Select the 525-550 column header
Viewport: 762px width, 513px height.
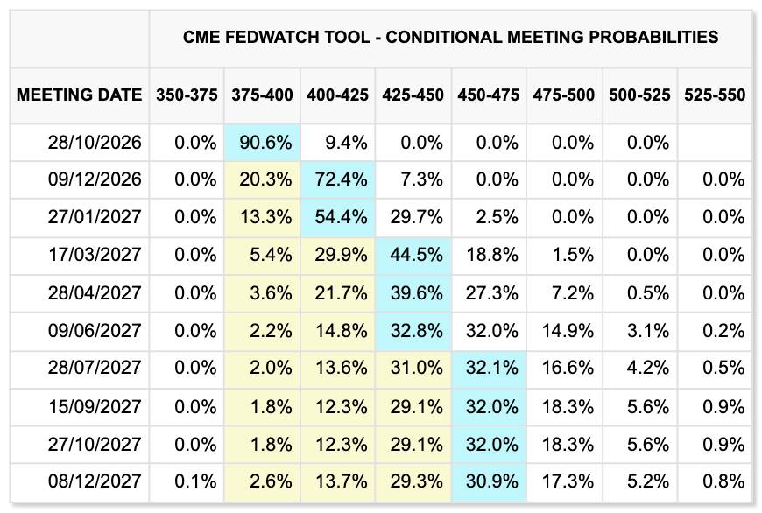coord(715,95)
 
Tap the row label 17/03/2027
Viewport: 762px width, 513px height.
coord(95,255)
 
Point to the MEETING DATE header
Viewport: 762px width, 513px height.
coord(79,95)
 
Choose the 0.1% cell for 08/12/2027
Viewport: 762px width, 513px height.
coord(195,481)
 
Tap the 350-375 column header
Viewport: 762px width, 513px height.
coord(187,95)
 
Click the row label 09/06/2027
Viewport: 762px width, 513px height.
coord(95,331)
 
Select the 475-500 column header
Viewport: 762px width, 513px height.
coord(564,95)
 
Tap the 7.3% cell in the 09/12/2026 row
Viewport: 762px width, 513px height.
coord(421,179)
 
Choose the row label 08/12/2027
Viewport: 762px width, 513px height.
coord(95,481)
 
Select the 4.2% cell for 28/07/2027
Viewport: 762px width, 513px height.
coord(648,368)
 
